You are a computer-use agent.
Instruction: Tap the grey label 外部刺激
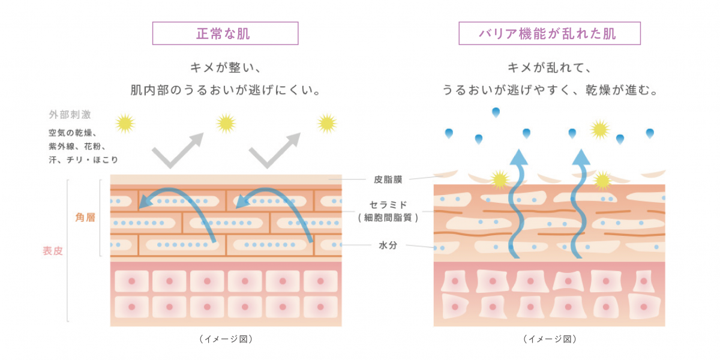tap(70, 115)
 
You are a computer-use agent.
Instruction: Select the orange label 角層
tap(85, 218)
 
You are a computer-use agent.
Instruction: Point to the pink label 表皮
tap(53, 251)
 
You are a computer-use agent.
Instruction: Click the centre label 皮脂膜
tap(388, 179)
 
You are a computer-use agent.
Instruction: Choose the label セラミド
tap(388, 205)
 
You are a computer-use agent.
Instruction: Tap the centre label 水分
tap(388, 245)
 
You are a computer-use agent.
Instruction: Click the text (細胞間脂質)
tap(388, 218)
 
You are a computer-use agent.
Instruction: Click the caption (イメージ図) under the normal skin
tap(226, 339)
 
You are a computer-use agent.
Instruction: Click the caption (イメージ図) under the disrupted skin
tap(550, 339)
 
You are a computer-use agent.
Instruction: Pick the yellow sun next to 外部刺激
tap(125, 124)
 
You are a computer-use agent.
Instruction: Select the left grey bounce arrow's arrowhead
tap(195, 140)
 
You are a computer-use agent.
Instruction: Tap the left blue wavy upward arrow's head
tap(518, 157)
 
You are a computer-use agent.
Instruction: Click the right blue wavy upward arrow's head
tap(581, 157)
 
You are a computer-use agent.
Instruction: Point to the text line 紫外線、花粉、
tap(77, 146)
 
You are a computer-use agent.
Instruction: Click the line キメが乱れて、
tap(549, 68)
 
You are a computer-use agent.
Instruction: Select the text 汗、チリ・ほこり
tap(83, 160)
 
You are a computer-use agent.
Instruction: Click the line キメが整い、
tap(226, 68)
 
